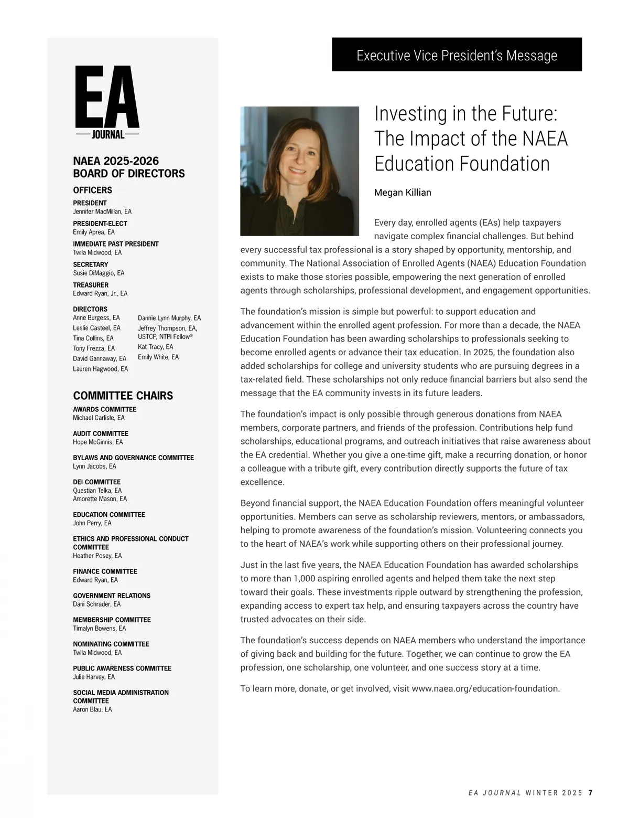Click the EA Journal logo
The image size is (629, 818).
click(x=107, y=103)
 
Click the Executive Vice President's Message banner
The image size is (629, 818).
click(x=457, y=55)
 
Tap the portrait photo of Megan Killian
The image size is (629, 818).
click(x=299, y=171)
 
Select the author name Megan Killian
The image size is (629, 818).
click(x=403, y=193)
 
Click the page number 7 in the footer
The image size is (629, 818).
click(x=590, y=793)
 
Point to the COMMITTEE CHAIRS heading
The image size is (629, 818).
click(x=123, y=396)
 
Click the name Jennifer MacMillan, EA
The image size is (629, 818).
click(x=102, y=211)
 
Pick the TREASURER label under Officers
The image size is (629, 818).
click(x=91, y=285)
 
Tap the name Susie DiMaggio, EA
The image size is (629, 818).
click(x=99, y=273)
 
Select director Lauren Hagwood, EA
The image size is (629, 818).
click(x=100, y=369)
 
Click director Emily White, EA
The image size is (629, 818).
click(x=158, y=357)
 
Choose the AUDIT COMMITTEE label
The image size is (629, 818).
click(x=101, y=433)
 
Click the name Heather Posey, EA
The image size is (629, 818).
click(x=97, y=556)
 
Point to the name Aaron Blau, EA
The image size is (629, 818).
click(x=92, y=709)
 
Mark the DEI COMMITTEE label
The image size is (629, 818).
click(x=96, y=482)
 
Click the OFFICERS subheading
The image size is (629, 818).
click(x=92, y=190)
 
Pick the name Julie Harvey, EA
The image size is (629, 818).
click(x=94, y=677)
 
